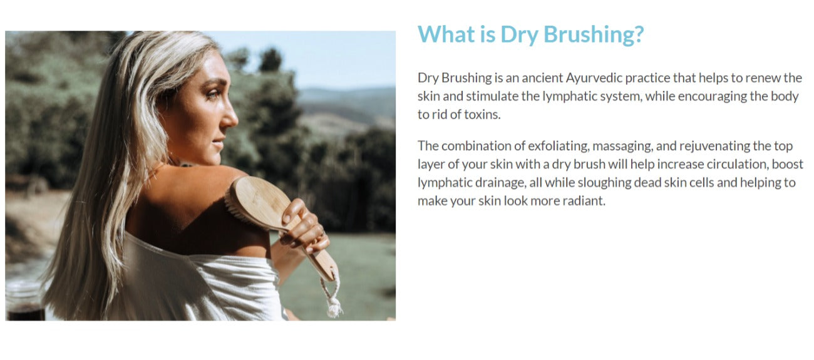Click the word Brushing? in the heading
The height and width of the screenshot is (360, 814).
pos(594,34)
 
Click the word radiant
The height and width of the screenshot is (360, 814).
pos(584,201)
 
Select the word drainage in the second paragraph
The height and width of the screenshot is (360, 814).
pos(501,183)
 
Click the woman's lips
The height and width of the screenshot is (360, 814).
pos(218,143)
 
